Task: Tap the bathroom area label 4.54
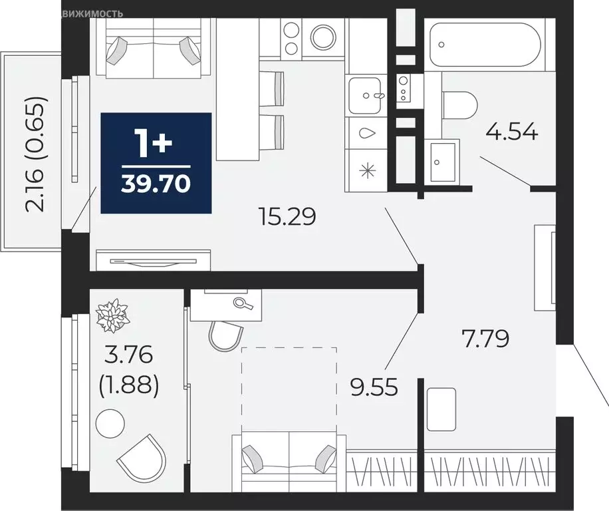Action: click(511, 130)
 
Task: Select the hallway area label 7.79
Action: click(485, 339)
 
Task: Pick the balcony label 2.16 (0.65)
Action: click(37, 154)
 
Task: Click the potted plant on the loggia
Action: click(112, 315)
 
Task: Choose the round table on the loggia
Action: click(110, 423)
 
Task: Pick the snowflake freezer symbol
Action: click(364, 169)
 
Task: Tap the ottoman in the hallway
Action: click(441, 409)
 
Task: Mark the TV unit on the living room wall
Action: click(153, 260)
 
